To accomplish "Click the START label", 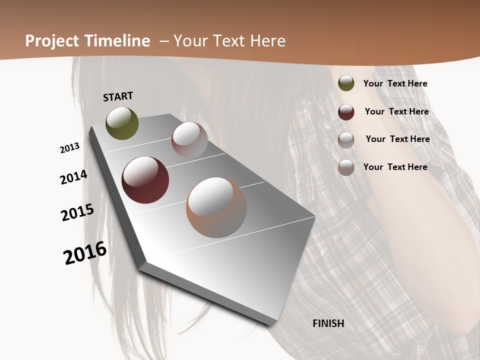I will pos(118,96).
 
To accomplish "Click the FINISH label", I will pos(328,323).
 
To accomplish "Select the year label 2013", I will pos(70,148).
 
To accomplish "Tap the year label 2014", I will pos(74,177).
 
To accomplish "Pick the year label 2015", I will pos(77,212).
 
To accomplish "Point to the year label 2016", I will pos(85,252).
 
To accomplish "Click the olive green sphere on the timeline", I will pos(122,123).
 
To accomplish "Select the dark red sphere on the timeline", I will pos(145,180).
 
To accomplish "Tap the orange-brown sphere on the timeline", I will pos(216,207).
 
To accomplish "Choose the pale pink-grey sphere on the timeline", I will pos(189,140).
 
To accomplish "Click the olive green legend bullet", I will pos(346,83).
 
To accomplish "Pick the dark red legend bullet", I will pos(346,112).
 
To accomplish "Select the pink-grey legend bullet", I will pos(346,140).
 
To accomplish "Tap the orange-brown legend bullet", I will pos(346,167).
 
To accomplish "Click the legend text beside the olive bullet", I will pos(395,84).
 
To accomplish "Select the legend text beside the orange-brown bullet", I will pos(395,167).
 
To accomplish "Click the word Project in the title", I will pos(52,41).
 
